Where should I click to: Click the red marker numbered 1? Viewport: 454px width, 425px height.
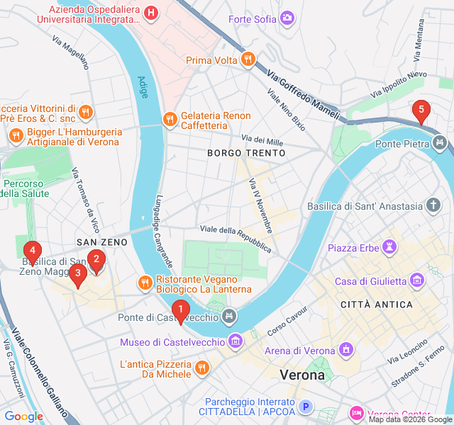pyautogui.click(x=181, y=310)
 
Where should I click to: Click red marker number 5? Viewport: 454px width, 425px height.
pyautogui.click(x=421, y=110)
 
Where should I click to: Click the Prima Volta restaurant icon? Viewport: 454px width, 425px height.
pyautogui.click(x=248, y=60)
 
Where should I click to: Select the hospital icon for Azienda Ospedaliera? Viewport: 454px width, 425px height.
pyautogui.click(x=150, y=12)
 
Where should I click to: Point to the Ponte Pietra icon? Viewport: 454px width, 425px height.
pyautogui.click(x=441, y=144)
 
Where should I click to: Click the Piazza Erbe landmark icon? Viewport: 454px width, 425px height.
pyautogui.click(x=388, y=248)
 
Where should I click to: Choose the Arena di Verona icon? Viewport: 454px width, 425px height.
pyautogui.click(x=345, y=350)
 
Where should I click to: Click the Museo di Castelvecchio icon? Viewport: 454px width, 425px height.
pyautogui.click(x=236, y=343)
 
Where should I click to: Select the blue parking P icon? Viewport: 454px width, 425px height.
pyautogui.click(x=306, y=407)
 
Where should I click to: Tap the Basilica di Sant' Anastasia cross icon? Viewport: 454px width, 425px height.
pyautogui.click(x=433, y=206)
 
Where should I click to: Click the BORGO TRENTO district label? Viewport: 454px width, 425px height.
pyautogui.click(x=246, y=153)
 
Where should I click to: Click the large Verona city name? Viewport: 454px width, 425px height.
pyautogui.click(x=302, y=375)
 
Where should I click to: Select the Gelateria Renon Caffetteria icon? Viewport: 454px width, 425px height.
pyautogui.click(x=170, y=120)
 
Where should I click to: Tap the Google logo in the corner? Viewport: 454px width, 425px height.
pyautogui.click(x=23, y=416)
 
